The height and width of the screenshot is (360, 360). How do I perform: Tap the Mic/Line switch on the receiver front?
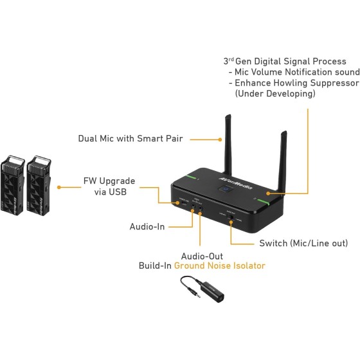click(231, 223)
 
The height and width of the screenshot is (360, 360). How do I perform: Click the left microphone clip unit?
click(14, 186)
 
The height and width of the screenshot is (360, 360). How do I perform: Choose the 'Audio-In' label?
click(147, 227)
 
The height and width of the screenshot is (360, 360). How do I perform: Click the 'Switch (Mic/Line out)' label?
click(303, 244)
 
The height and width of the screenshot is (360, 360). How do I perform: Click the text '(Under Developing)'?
click(275, 94)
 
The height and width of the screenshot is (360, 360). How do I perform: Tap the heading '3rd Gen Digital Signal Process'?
click(285, 61)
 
